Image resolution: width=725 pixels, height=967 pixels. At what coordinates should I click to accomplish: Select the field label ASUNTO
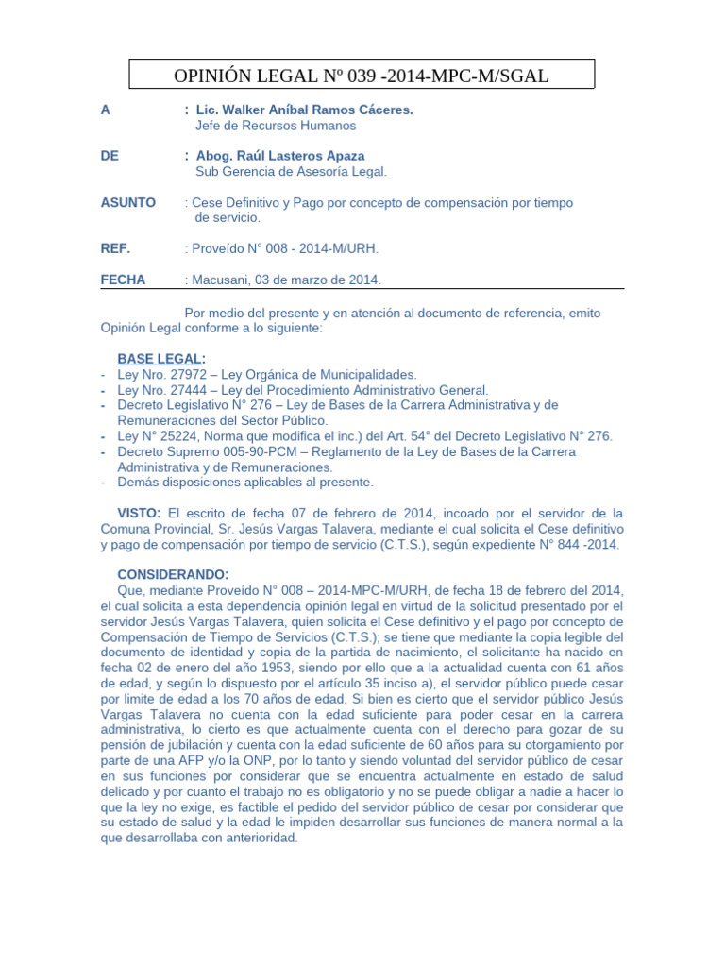127,203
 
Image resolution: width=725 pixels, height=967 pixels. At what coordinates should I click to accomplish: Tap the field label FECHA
123,280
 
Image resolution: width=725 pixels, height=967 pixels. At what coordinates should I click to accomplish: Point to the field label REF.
115,248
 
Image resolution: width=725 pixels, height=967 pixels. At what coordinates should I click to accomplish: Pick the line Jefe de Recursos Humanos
275,126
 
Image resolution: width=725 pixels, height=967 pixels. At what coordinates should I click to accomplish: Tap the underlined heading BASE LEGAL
159,360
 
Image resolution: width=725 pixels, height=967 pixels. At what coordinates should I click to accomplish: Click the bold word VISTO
138,513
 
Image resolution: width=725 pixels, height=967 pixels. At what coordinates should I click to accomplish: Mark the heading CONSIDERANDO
172,574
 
